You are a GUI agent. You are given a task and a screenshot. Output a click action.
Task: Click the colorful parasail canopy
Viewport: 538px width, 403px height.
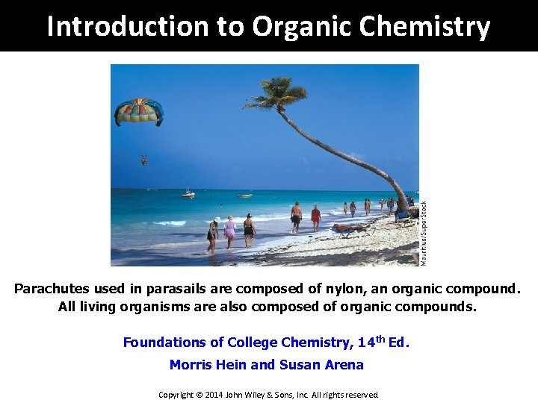(x=138, y=112)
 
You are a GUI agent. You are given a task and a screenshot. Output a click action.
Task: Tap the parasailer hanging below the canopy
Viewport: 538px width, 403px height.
(x=143, y=159)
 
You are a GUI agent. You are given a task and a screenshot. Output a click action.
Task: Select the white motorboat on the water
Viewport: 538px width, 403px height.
(x=188, y=194)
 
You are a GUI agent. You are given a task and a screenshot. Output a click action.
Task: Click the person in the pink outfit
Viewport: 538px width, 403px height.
(x=229, y=231)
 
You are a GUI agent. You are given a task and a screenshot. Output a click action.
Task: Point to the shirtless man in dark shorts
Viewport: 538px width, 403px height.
(x=297, y=216)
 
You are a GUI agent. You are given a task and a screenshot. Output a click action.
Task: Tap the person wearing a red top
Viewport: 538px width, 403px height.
(x=315, y=216)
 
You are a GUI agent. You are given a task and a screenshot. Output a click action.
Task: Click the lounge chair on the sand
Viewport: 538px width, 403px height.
(x=351, y=228)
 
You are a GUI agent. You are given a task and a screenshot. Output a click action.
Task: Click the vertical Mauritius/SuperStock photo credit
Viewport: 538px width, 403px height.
(x=424, y=233)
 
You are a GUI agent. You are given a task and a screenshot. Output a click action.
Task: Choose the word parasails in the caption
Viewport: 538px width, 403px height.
(x=167, y=288)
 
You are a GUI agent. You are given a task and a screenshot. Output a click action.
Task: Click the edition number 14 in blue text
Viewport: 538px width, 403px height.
(x=366, y=343)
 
